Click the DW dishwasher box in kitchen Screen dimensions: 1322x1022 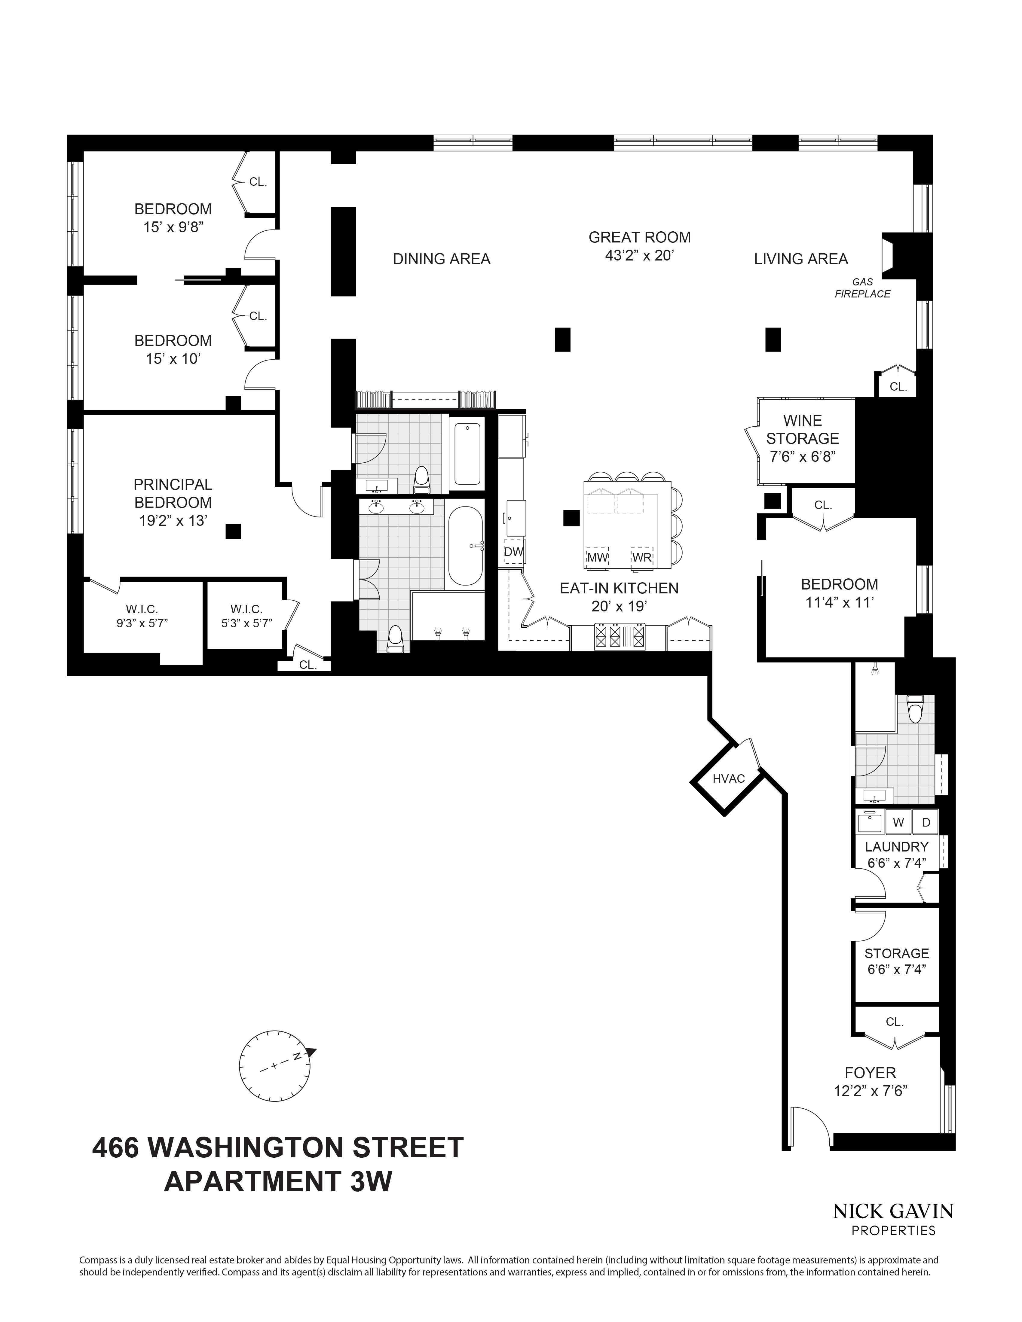click(x=513, y=552)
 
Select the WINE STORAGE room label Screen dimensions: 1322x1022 click(x=802, y=429)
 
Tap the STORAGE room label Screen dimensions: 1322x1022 click(x=896, y=953)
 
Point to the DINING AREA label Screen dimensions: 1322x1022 click(x=441, y=259)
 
